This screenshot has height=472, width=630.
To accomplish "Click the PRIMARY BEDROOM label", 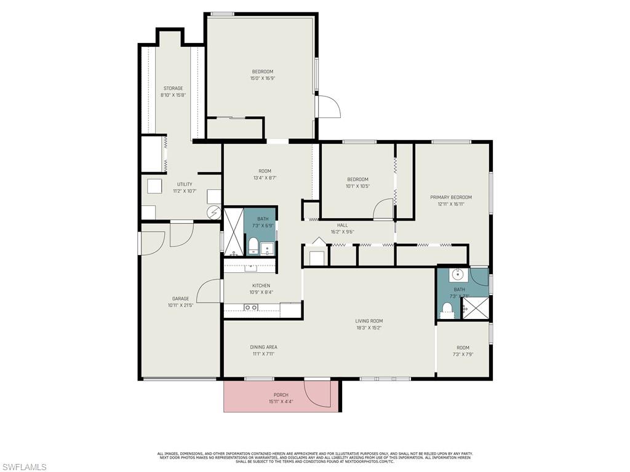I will [451, 197].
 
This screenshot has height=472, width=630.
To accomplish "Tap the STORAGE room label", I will [173, 88].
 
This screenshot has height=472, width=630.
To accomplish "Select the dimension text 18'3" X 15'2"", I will [369, 328].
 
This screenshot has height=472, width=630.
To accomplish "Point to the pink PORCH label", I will [281, 395].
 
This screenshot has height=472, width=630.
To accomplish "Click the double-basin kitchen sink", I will [250, 307].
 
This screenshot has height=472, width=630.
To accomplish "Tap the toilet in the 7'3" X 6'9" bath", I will [253, 247].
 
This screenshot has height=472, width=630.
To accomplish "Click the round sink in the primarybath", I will [457, 274].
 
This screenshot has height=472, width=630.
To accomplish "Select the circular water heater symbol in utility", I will [213, 212].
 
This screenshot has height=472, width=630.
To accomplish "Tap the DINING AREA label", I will [263, 347].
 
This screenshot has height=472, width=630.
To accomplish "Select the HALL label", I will [342, 225].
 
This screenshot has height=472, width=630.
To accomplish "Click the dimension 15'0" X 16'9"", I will [262, 78].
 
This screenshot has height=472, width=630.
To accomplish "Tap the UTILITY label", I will [185, 184].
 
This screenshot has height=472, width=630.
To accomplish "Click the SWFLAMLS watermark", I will [23, 467].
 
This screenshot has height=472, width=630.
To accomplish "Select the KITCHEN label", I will [261, 286].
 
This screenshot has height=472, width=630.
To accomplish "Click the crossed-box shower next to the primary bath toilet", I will [476, 307].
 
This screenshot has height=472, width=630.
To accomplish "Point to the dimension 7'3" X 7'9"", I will [463, 354].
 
